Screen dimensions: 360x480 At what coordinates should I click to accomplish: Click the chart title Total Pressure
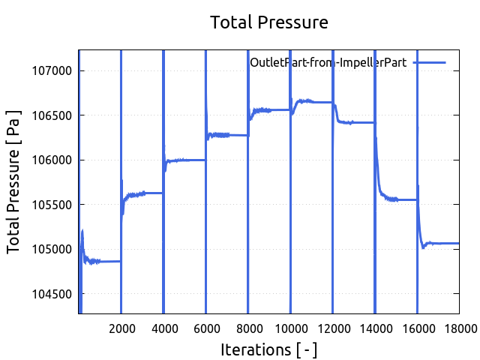[x=269, y=22]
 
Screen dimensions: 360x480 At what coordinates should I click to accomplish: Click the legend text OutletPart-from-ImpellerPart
[x=328, y=63]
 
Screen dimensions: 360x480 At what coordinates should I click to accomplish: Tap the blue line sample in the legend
[x=429, y=63]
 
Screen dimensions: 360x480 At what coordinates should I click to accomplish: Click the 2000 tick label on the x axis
[x=121, y=327]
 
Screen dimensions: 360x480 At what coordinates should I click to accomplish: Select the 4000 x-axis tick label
[x=164, y=327]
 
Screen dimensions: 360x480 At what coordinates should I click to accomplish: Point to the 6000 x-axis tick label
[x=206, y=327]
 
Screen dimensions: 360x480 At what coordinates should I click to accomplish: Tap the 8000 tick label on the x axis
[x=249, y=327]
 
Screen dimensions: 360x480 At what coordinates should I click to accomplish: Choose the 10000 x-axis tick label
[x=291, y=327]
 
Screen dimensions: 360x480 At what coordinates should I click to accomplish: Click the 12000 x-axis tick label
[x=334, y=327]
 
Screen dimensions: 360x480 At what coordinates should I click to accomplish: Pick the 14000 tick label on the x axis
[x=376, y=327]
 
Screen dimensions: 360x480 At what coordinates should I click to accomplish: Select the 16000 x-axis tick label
[x=418, y=327]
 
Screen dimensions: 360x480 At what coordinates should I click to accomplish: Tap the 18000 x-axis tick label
[x=460, y=327]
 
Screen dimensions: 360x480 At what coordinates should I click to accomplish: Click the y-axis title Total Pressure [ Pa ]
[x=14, y=182]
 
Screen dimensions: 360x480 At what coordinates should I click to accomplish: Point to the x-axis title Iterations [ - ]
[x=269, y=349]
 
